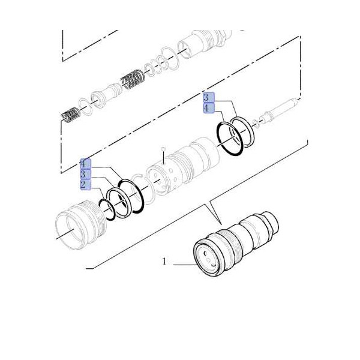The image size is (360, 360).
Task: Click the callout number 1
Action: pyautogui.click(x=164, y=262)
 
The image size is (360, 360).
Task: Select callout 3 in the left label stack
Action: pyautogui.click(x=85, y=174)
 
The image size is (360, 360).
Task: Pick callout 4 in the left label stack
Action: pyautogui.click(x=85, y=164)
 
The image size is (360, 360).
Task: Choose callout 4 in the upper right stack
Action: pyautogui.click(x=207, y=108)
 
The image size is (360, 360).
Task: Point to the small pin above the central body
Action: pyautogui.click(x=163, y=149)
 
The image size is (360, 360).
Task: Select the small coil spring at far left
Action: pyautogui.click(x=71, y=115)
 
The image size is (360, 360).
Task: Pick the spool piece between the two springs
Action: pyautogui.click(x=108, y=94)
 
